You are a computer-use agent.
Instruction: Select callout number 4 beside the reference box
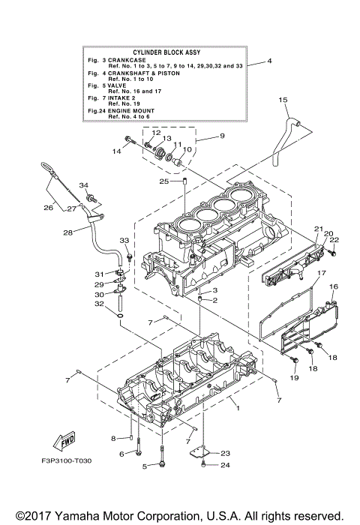[268, 61]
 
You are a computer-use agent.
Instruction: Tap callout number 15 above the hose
[283, 100]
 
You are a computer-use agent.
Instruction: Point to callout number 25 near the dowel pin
[163, 181]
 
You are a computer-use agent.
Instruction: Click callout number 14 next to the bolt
[116, 151]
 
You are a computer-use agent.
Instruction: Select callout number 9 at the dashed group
[221, 136]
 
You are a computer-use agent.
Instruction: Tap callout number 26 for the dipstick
[48, 208]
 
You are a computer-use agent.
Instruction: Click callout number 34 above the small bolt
[84, 184]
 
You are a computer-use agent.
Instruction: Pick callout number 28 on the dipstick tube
[67, 232]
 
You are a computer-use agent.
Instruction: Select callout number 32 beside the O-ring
[98, 304]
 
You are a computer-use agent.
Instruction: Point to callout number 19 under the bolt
[294, 379]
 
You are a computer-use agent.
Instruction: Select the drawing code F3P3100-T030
[61, 480]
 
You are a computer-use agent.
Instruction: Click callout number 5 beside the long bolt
[145, 466]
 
